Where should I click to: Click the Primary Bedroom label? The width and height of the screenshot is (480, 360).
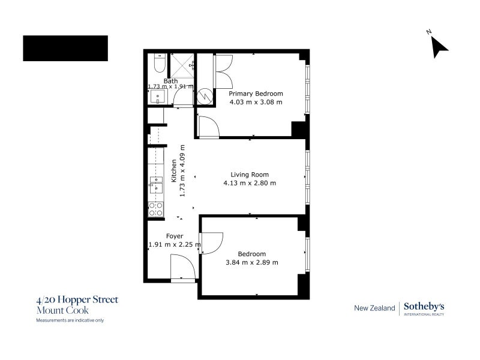click(256, 94)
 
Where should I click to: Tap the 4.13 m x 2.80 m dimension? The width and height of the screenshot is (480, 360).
click(250, 183)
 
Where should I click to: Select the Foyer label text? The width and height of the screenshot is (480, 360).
click(175, 236)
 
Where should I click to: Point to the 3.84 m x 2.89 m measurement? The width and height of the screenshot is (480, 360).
click(252, 262)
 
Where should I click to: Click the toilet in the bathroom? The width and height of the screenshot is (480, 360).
click(160, 63)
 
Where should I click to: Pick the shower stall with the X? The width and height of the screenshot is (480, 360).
click(182, 66)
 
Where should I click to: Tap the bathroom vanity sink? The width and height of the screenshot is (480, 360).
click(158, 97)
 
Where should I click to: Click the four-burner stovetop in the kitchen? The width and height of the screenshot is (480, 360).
click(155, 209)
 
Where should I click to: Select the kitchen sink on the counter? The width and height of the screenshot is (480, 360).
click(156, 185)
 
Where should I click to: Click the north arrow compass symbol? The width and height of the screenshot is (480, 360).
click(439, 46)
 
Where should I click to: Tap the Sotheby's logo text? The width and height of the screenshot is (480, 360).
click(424, 306)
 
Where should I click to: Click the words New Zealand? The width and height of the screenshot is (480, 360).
click(374, 308)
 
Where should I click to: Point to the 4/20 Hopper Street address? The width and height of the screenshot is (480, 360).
click(77, 299)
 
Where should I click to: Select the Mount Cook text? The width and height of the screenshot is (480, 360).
click(62, 310)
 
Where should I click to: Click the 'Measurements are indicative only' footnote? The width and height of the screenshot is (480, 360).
click(70, 320)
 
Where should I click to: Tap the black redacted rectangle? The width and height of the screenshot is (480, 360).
click(65, 49)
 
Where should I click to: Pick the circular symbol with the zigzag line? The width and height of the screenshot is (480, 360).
click(205, 97)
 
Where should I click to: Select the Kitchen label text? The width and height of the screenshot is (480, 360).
click(174, 171)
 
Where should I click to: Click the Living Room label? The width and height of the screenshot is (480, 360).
click(250, 175)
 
